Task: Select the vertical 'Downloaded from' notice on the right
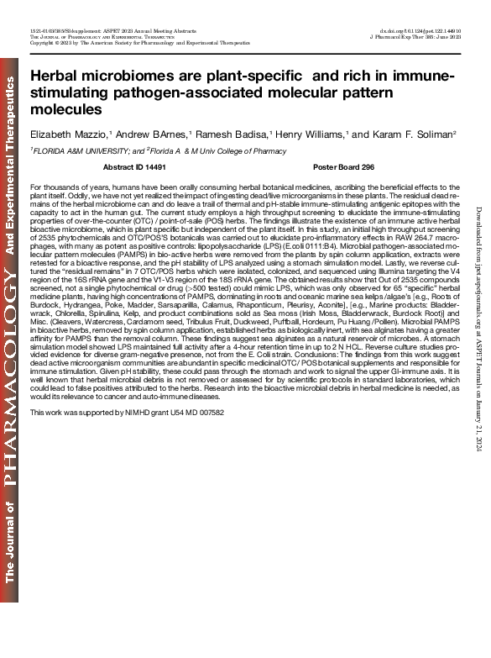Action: click(477, 329)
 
